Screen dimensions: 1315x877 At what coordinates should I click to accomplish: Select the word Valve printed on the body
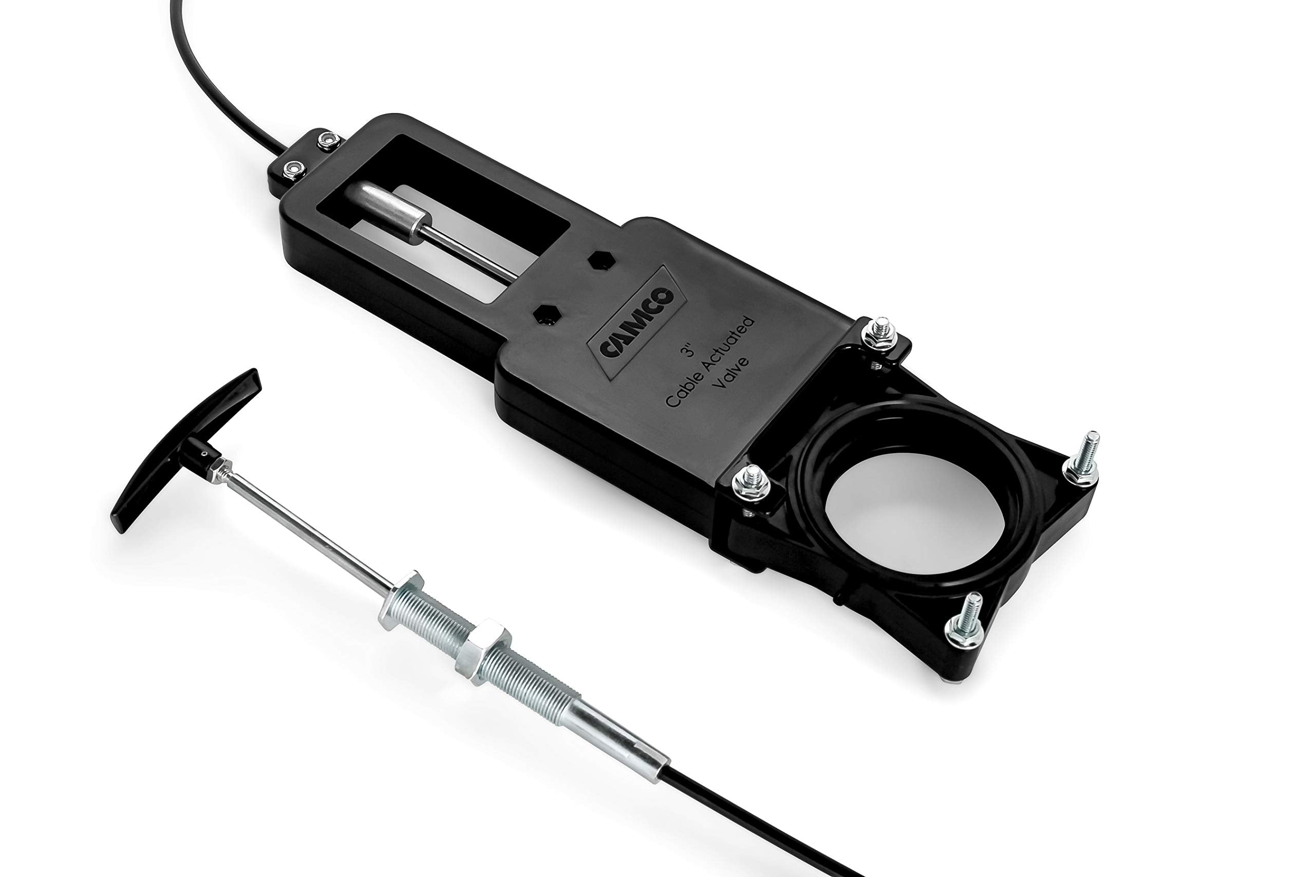[733, 378]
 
